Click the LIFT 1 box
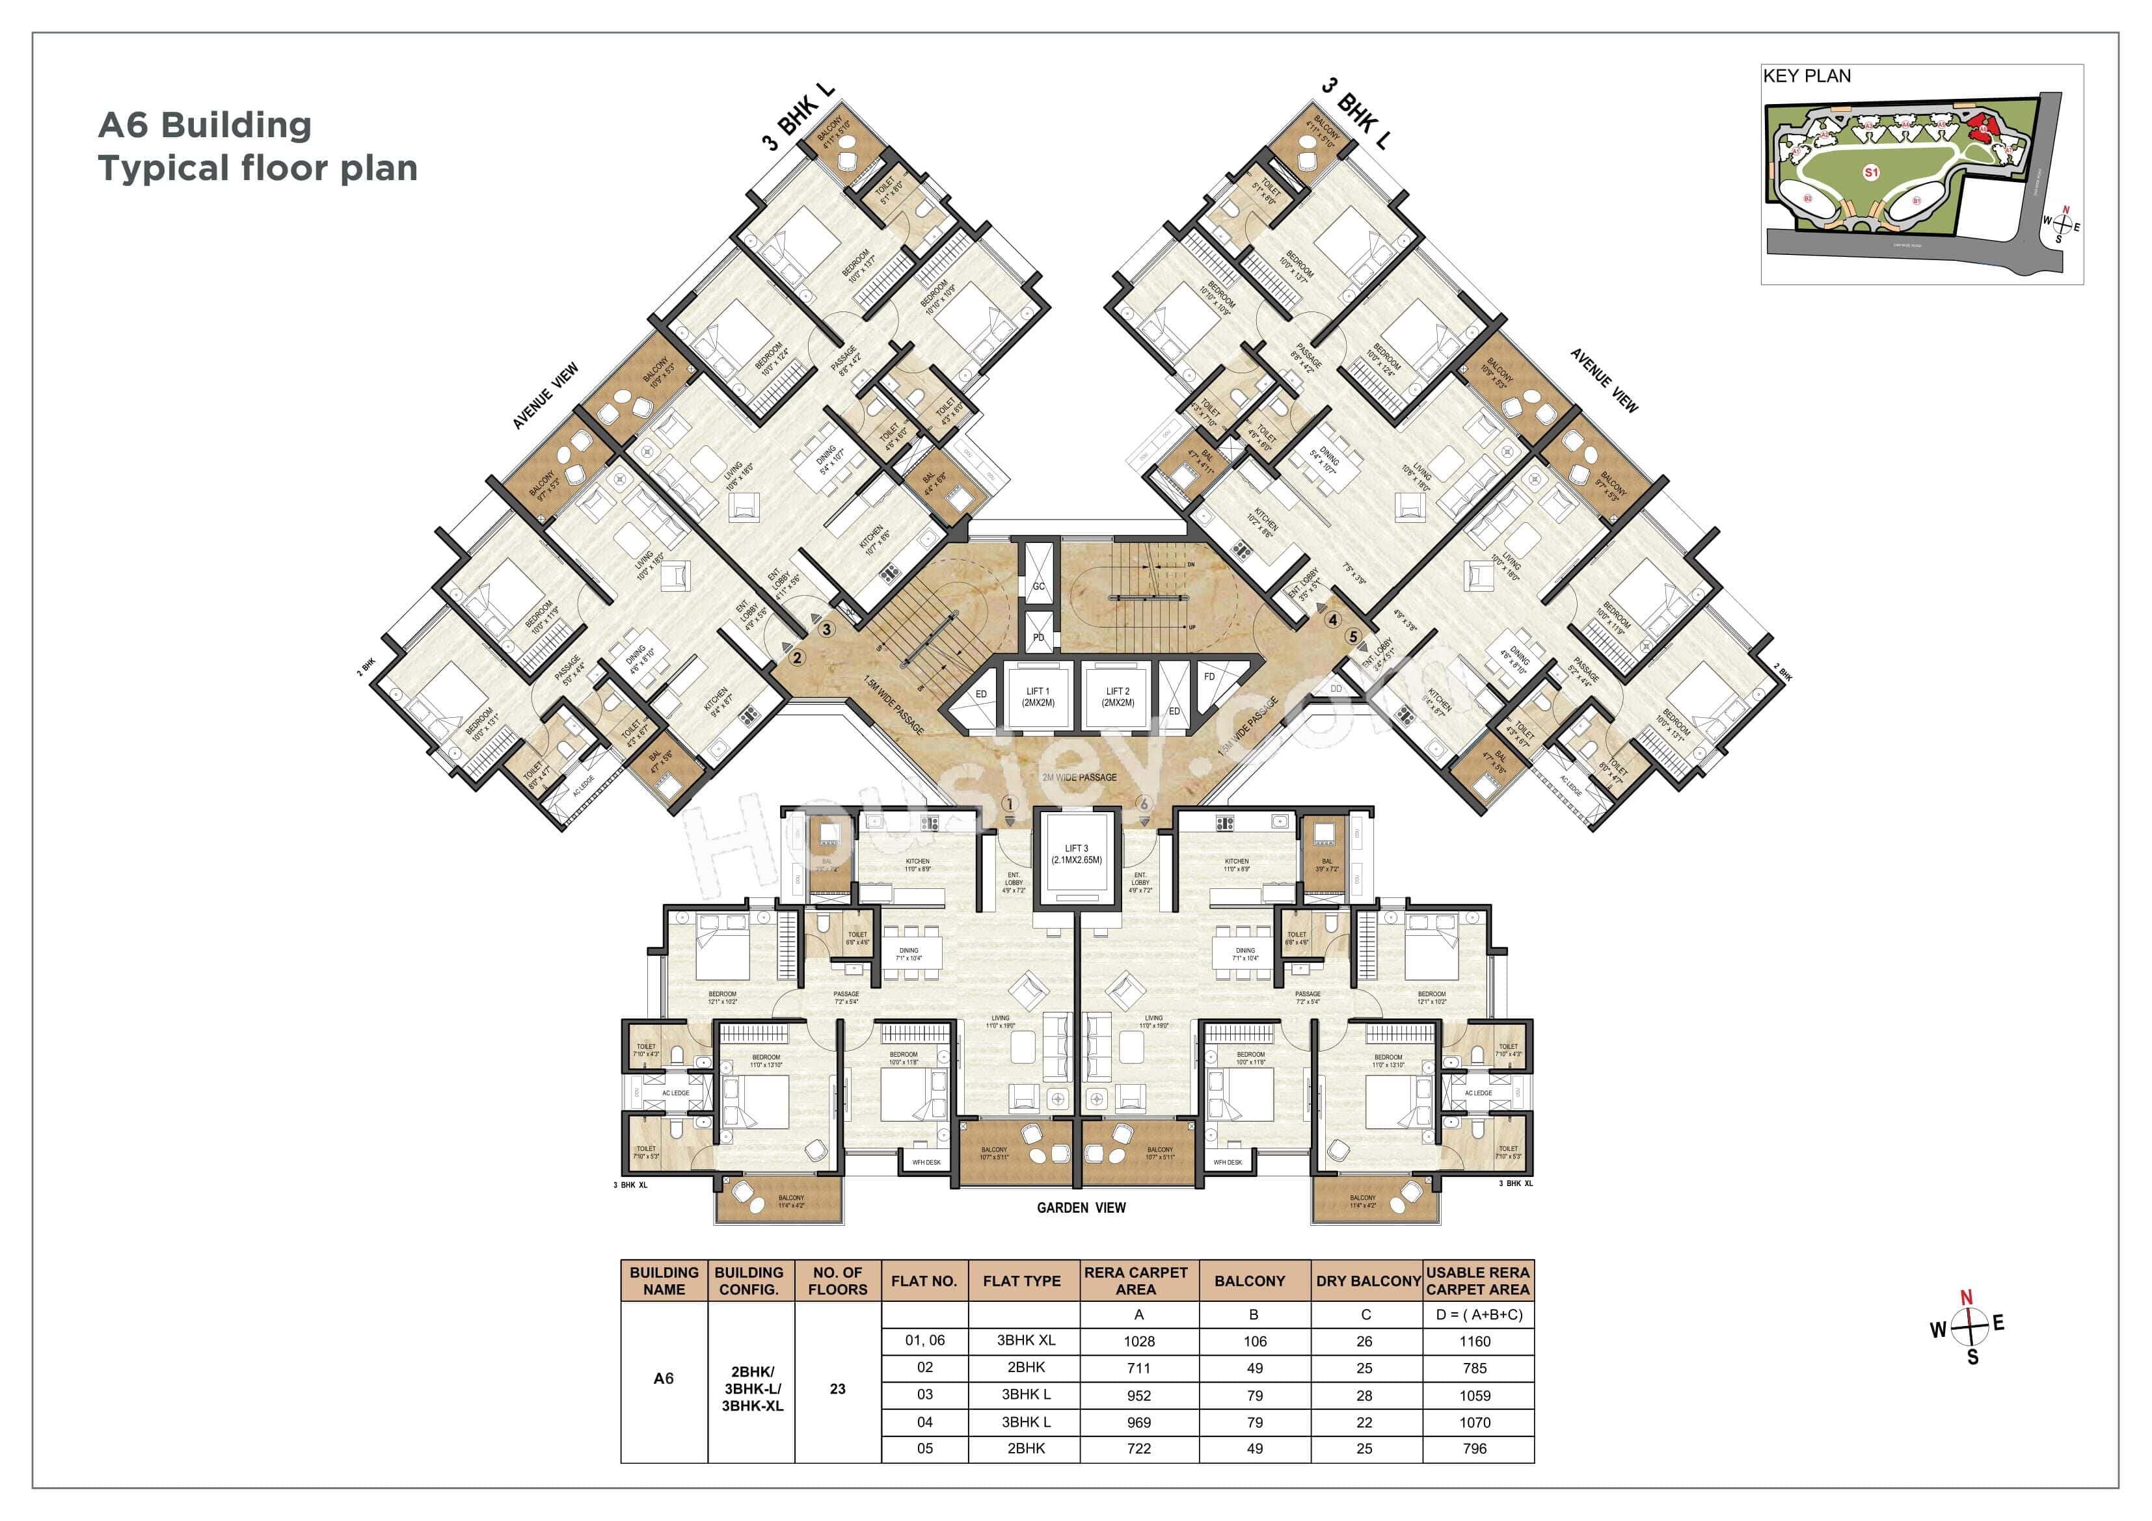pos(1038,696)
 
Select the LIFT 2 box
pos(1117,696)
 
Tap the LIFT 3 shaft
pos(1076,856)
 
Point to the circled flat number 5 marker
pos(1352,637)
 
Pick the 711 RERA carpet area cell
pos(1139,1368)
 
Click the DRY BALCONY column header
pos(1367,1281)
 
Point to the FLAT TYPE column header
pos(1021,1281)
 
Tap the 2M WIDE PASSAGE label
pos(1080,778)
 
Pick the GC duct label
pos(1038,587)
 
